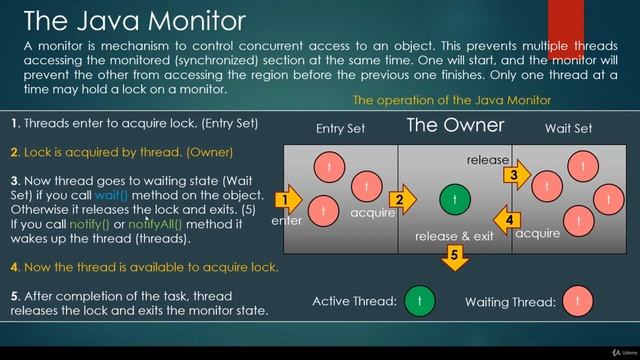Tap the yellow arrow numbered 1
pyautogui.click(x=286, y=200)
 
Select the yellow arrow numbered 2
pyautogui.click(x=401, y=200)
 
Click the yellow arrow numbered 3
pyautogui.click(x=514, y=175)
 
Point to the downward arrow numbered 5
pyautogui.click(x=454, y=258)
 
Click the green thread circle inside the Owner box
pyautogui.click(x=455, y=200)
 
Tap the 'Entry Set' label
pyautogui.click(x=342, y=129)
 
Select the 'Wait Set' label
pyautogui.click(x=568, y=129)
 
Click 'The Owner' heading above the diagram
pyautogui.click(x=455, y=126)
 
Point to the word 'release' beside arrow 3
pyautogui.click(x=488, y=160)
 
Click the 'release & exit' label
pyautogui.click(x=455, y=236)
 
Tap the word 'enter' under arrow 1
pyautogui.click(x=286, y=221)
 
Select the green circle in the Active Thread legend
pyautogui.click(x=420, y=301)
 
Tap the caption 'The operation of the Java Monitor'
pyautogui.click(x=452, y=101)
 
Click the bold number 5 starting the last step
pyautogui.click(x=14, y=295)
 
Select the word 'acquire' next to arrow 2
pyautogui.click(x=372, y=213)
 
